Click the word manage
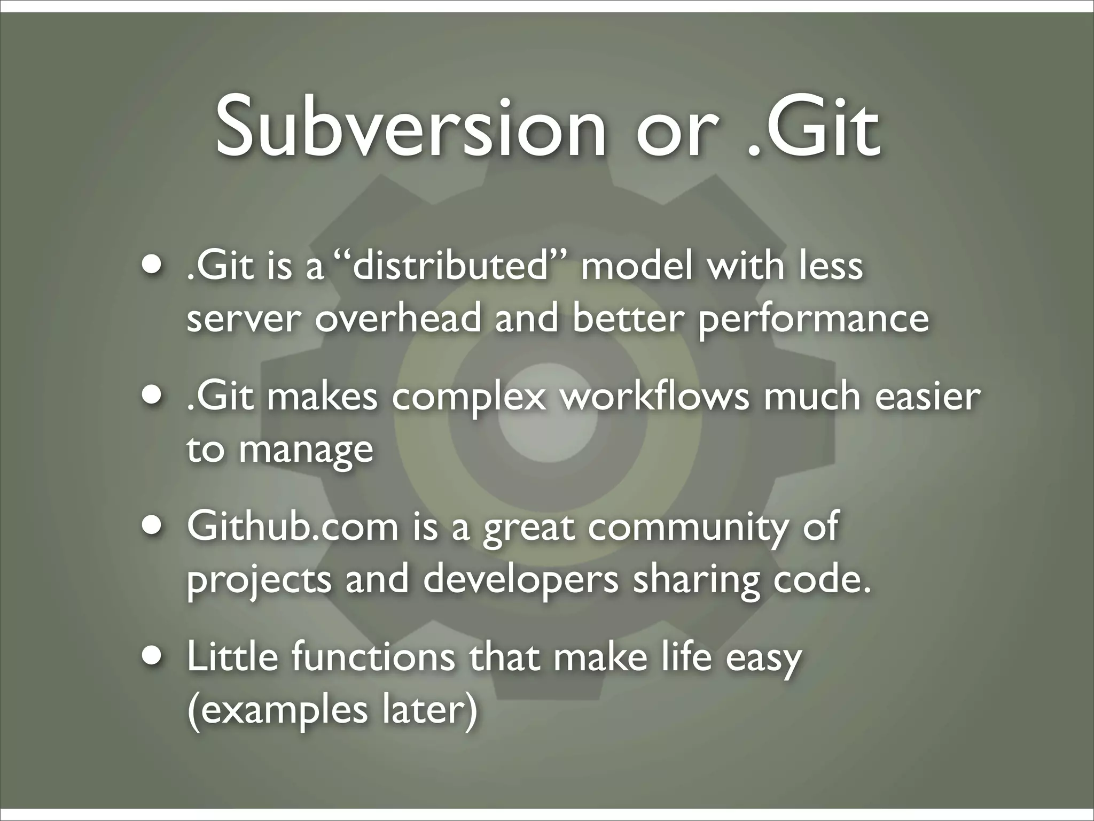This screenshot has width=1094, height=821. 306,450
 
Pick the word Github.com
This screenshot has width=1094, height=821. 293,527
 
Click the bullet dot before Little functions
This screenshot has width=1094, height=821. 153,657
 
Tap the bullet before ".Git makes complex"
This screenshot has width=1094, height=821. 153,397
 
